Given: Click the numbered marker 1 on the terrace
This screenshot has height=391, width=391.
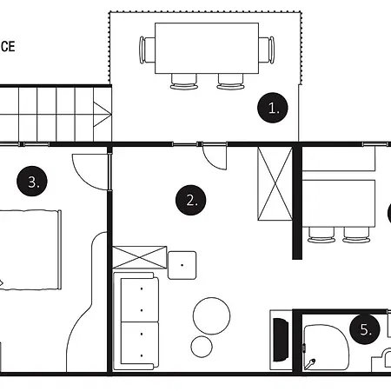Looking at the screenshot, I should click(274, 109).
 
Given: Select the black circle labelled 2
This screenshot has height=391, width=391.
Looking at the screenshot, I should click(191, 201).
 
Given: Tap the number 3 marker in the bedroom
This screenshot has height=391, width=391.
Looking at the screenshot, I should click(31, 182).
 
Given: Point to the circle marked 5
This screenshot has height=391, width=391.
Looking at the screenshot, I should click(366, 330).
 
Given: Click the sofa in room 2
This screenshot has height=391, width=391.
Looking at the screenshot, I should click(135, 320).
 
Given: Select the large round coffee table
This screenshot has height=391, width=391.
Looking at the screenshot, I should click(211, 314).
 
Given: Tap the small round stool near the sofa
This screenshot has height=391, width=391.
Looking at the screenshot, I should click(202, 346).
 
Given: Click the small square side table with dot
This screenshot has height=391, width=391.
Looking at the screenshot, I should click(182, 262).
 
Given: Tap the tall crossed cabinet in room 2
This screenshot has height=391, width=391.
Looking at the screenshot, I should click(275, 183).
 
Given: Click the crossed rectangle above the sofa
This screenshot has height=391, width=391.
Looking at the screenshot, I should click(139, 257).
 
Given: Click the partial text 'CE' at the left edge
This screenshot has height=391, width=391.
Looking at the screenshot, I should click(6, 47).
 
